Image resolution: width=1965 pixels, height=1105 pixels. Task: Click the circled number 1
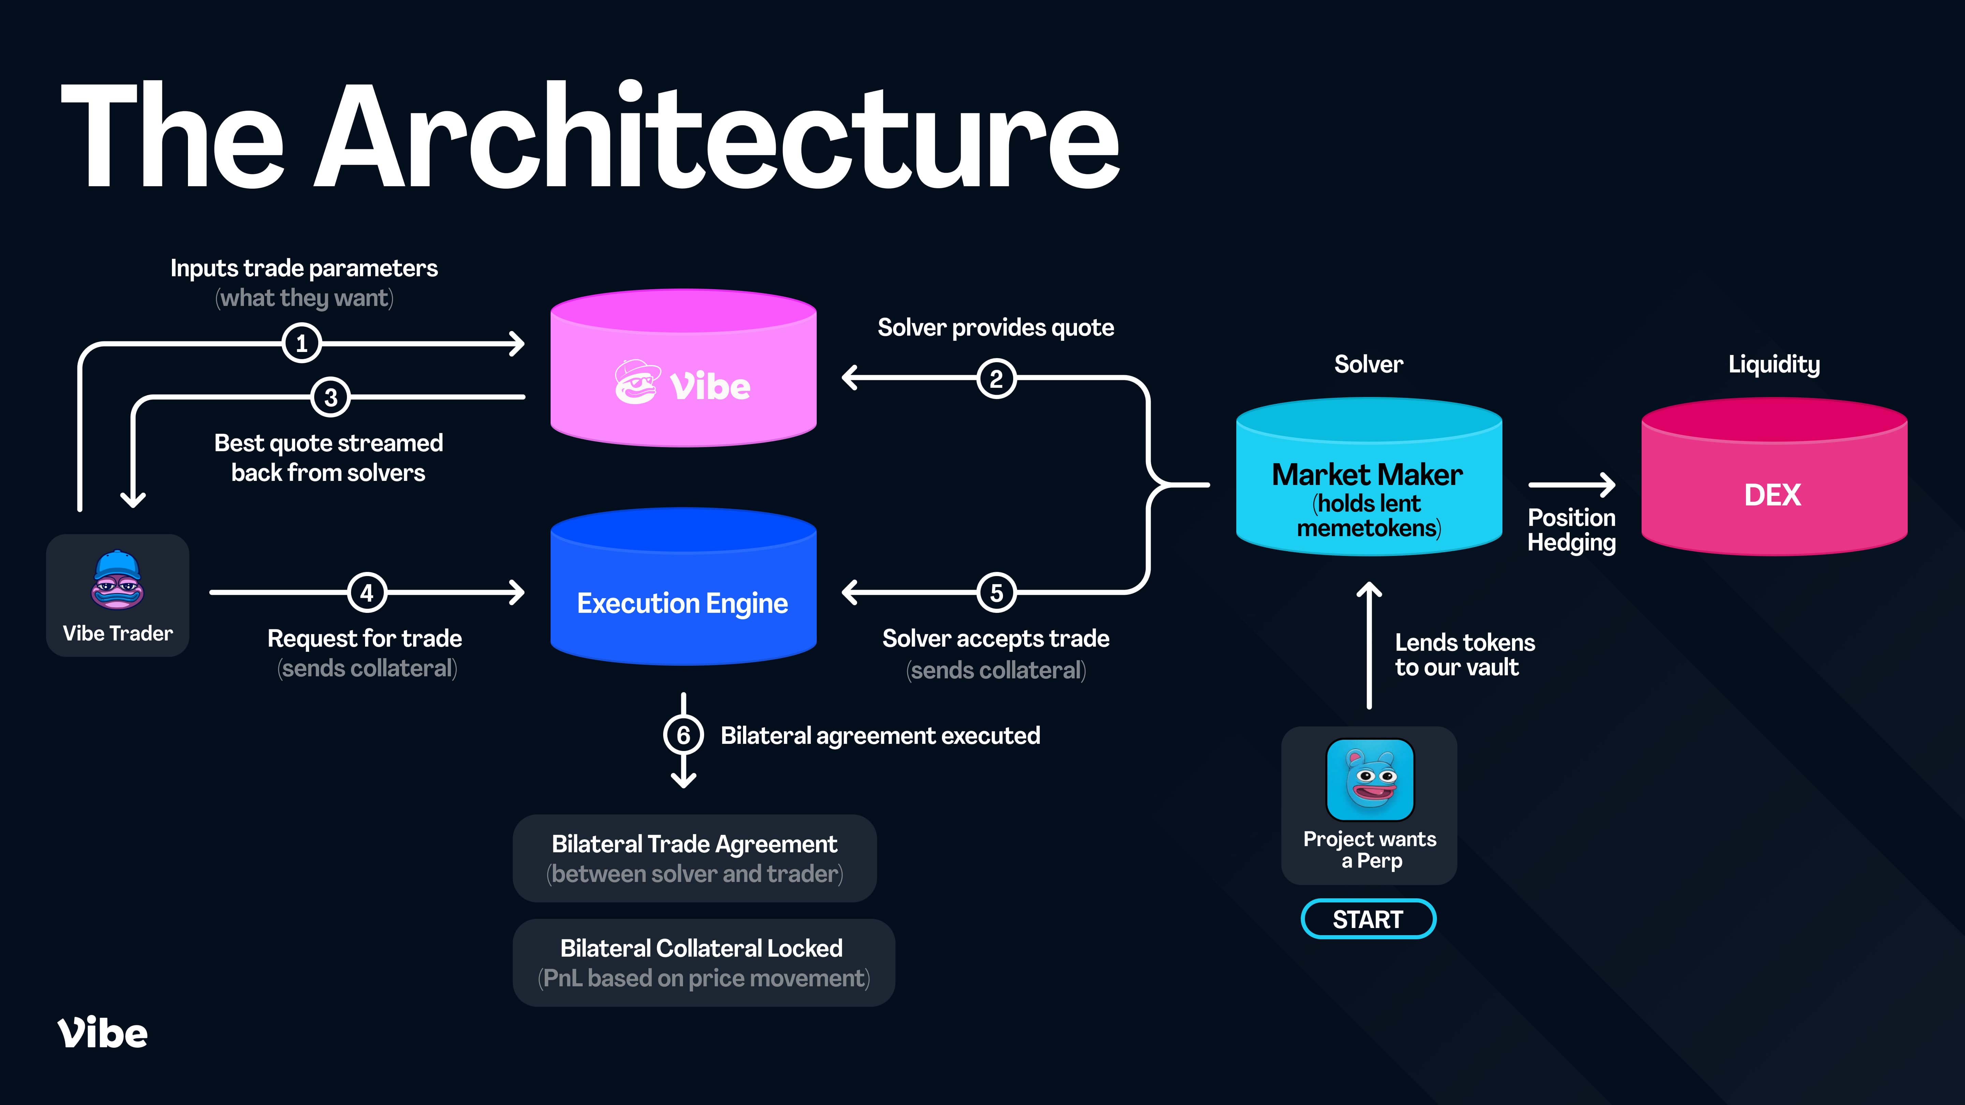(301, 343)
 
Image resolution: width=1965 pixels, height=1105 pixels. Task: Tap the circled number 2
(996, 378)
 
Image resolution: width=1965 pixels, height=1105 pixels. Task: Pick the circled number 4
(367, 592)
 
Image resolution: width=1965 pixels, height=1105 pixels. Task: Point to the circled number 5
(996, 592)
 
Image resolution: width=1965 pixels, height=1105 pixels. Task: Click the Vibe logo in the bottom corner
(102, 1033)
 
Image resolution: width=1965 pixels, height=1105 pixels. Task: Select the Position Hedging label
(1571, 530)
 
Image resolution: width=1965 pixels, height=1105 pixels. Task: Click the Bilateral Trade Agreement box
(694, 858)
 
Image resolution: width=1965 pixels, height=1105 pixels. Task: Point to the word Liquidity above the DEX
(1774, 365)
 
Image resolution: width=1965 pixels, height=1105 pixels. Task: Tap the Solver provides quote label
(995, 328)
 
